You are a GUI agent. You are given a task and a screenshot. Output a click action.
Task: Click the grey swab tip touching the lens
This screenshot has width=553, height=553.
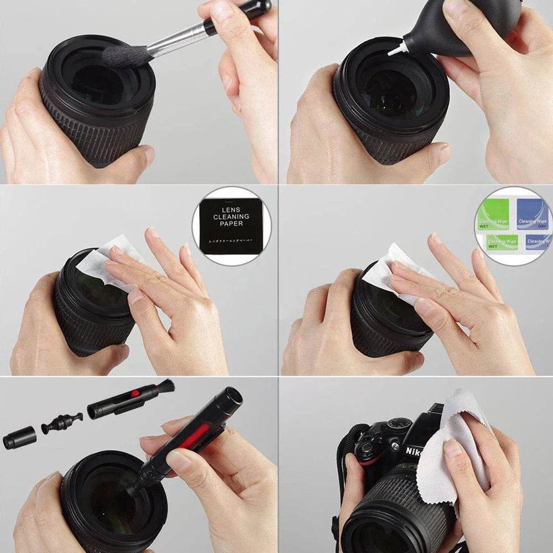pos(127,56)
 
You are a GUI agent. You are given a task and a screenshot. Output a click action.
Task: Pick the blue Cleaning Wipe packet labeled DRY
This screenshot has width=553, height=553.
pos(533,213)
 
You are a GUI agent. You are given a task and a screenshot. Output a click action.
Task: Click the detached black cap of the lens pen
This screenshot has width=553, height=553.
pos(19,438)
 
